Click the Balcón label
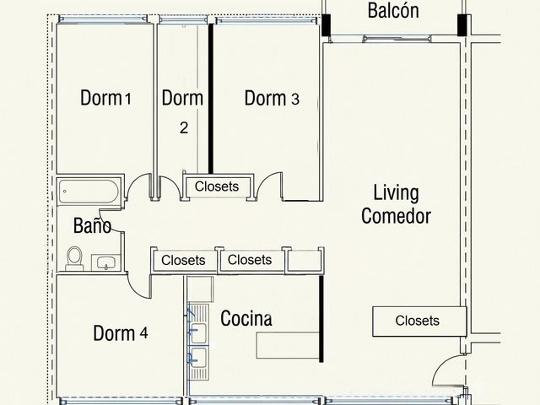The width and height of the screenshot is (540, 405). [x=393, y=11]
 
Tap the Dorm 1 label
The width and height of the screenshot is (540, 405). [x=105, y=98]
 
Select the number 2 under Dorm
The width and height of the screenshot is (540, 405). [x=184, y=127]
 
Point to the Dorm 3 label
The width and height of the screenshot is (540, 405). [x=272, y=98]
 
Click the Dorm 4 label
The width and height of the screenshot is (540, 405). [x=121, y=333]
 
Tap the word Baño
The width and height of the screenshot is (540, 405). [x=92, y=225]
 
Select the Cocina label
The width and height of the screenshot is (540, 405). [x=246, y=318]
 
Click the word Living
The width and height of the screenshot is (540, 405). [x=397, y=193]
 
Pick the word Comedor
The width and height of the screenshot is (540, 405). [x=396, y=216]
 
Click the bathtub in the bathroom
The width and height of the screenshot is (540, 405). [x=89, y=192]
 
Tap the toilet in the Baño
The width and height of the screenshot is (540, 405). [x=74, y=258]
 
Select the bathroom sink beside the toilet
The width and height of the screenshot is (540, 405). [x=105, y=262]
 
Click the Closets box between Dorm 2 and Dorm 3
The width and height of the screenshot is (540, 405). [x=218, y=186]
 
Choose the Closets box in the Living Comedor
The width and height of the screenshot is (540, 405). [x=419, y=321]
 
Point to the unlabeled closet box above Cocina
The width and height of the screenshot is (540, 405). [x=304, y=261]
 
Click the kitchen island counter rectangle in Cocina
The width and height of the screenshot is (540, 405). [x=288, y=345]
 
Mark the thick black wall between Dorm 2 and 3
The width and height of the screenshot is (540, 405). [x=211, y=99]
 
